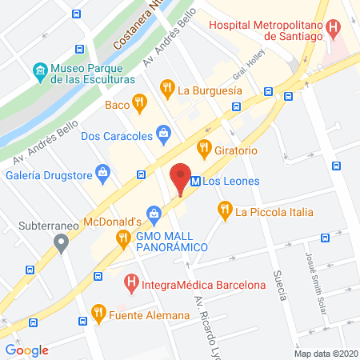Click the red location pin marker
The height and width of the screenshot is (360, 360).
click(181, 177)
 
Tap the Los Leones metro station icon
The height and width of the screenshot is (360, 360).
click(194, 182)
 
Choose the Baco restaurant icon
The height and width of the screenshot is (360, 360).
click(140, 102)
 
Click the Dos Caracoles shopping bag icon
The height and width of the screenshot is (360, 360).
click(163, 133)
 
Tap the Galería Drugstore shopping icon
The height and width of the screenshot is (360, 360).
click(102, 170)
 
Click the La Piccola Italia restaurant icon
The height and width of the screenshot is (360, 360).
click(223, 210)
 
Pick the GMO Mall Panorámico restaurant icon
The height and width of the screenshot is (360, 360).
click(122, 237)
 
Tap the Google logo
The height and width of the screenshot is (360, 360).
click(26, 350)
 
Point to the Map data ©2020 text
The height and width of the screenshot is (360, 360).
click(326, 353)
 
